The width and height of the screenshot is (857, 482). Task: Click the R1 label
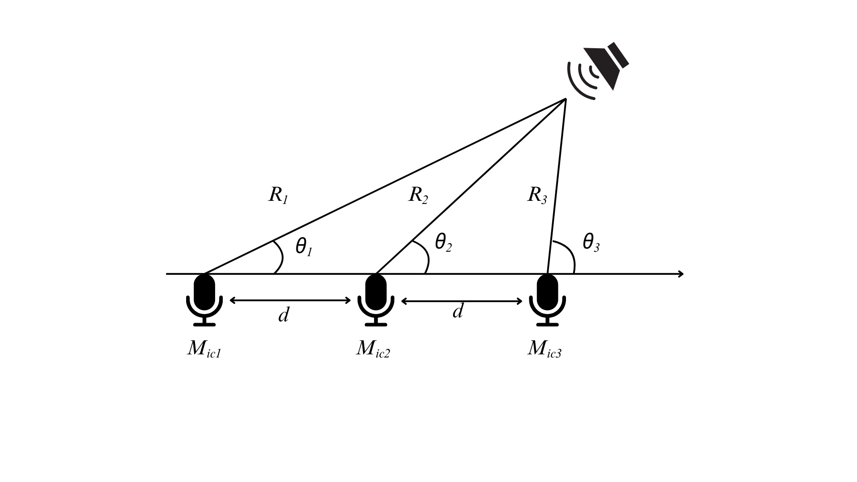tap(278, 195)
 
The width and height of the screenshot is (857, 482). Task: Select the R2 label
tap(418, 195)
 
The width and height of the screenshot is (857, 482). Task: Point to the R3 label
tap(537, 195)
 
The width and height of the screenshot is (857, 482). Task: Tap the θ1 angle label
tap(304, 247)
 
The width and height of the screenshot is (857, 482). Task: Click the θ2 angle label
tap(443, 243)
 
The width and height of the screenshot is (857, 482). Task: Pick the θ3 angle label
tap(591, 243)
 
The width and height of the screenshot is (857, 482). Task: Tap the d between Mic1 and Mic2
tap(283, 315)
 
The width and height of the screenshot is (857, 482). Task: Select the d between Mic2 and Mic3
tap(458, 311)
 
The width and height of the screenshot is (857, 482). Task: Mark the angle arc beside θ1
tap(281, 257)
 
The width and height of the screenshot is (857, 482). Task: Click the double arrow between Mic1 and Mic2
tap(290, 300)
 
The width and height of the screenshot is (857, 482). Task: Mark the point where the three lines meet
tap(566, 99)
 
